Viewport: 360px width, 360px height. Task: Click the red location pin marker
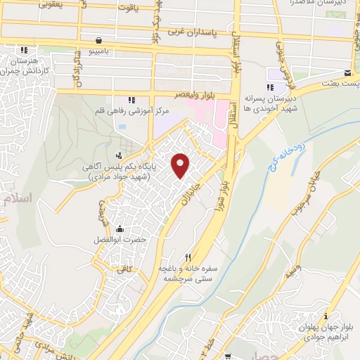pos(181,165)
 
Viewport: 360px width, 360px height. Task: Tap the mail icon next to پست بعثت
pos(347,73)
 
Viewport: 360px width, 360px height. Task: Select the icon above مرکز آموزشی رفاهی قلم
pos(129,100)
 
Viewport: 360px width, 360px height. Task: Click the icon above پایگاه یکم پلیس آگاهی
pos(119,155)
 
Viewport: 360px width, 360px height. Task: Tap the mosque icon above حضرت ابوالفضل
pos(120,229)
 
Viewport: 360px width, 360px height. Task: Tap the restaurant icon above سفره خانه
pos(188,257)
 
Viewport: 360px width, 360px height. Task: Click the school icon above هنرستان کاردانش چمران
pos(25,51)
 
